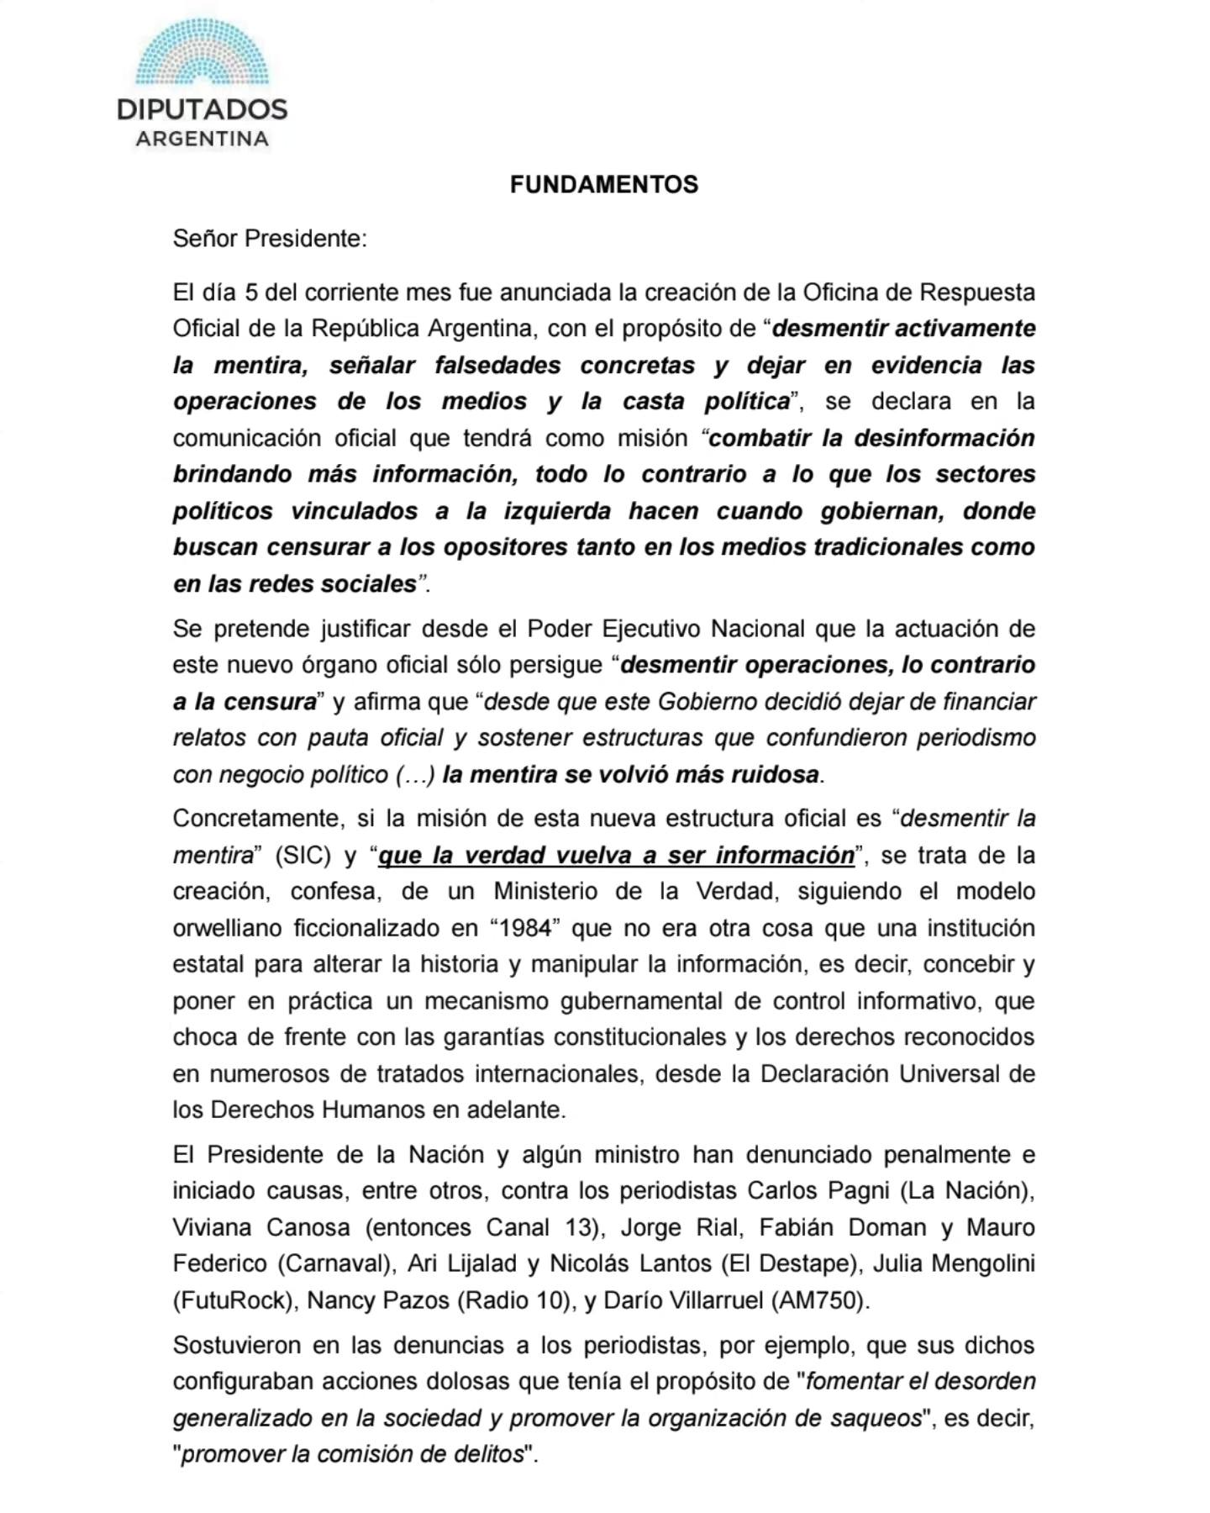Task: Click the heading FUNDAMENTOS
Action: [603, 185]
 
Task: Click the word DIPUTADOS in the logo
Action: [202, 109]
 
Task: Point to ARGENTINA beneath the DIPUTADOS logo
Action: [202, 139]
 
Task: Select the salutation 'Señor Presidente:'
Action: [270, 239]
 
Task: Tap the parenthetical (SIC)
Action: [302, 856]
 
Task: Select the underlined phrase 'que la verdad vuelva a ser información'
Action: [616, 856]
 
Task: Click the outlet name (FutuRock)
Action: [234, 1301]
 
